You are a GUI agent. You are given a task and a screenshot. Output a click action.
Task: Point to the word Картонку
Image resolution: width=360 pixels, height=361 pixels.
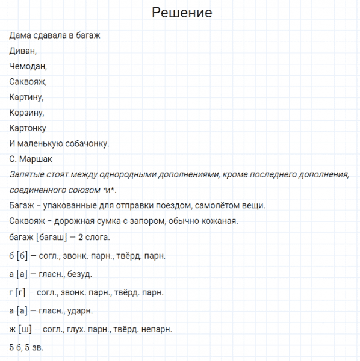coord(28,128)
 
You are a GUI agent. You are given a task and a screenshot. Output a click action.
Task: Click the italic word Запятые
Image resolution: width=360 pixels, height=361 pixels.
coord(28,174)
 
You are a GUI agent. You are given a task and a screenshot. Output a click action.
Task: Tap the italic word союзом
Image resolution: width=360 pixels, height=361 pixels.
coord(69,190)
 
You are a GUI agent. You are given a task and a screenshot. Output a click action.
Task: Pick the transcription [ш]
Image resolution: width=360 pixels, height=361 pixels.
coord(25,330)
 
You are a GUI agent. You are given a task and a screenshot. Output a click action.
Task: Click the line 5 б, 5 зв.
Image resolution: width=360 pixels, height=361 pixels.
coord(26,348)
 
